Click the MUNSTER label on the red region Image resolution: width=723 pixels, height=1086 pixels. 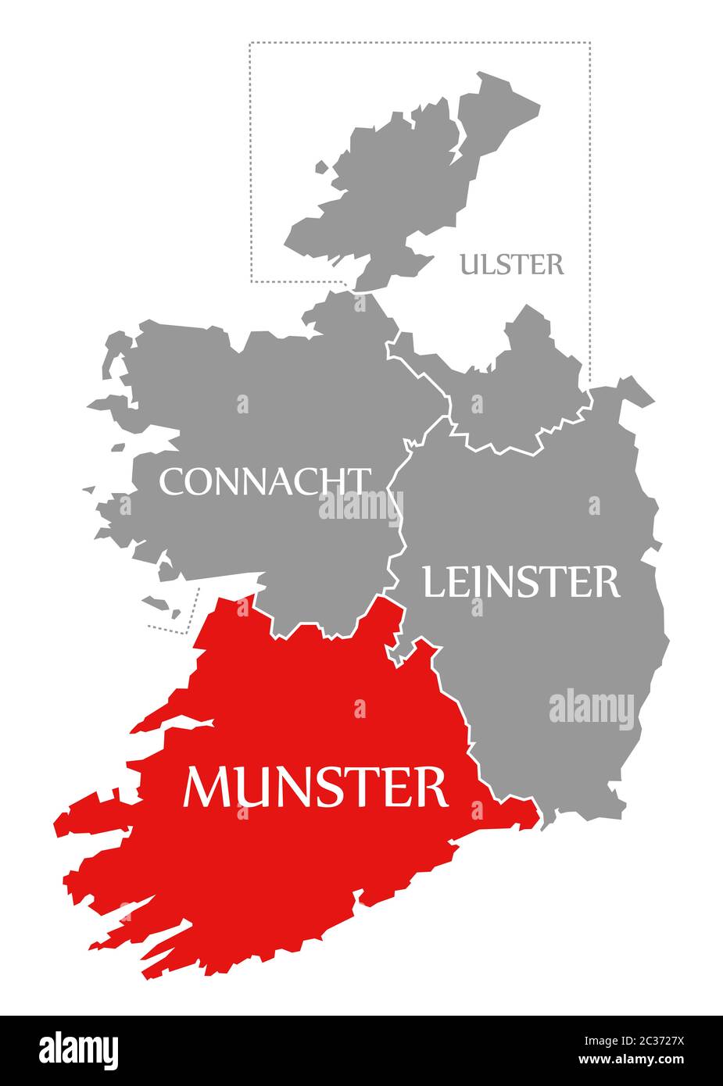tap(315, 787)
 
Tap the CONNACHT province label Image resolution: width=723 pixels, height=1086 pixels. tap(264, 482)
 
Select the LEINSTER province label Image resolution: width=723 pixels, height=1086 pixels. tap(521, 582)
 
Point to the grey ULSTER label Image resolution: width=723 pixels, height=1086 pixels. tap(511, 265)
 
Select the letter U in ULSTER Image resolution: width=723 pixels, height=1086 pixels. tap(469, 265)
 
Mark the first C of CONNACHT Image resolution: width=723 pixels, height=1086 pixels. tap(170, 482)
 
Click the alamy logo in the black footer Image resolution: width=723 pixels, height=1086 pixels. tap(79, 1050)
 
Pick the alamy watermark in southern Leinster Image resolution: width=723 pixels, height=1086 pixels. tap(592, 709)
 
